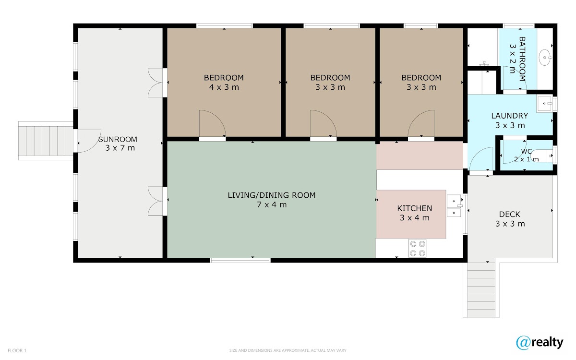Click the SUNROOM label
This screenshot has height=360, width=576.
click(118, 139)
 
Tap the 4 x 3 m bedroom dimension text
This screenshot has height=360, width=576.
click(224, 87)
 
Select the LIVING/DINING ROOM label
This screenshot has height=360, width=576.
click(272, 195)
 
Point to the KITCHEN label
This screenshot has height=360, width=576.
click(415, 208)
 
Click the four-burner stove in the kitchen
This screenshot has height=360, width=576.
click(417, 249)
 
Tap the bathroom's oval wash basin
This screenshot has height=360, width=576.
click(545, 58)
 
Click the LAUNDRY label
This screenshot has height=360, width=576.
click(510, 116)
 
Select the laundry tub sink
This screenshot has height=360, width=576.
click(544, 104)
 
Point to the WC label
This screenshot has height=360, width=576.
click(527, 152)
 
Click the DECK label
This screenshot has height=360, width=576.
click(510, 214)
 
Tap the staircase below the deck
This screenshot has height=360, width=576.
click(481, 290)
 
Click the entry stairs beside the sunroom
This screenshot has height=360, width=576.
click(46, 141)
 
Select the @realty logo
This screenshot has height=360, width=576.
click(540, 343)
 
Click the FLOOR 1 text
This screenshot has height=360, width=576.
click(17, 350)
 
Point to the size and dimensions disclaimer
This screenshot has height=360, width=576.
click(288, 350)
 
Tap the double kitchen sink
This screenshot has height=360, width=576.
click(454, 206)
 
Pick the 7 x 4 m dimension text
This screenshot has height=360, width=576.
click(272, 204)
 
